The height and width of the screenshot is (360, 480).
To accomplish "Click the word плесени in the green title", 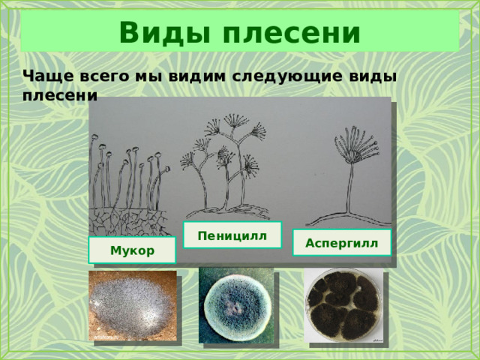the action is point(292,33).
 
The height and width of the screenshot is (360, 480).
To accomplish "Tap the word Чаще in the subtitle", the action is point(48,76).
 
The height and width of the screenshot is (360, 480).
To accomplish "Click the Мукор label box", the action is point(132,250).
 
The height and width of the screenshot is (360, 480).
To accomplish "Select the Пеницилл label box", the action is point(232,235).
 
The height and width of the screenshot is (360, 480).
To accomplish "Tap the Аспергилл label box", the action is point(342,243).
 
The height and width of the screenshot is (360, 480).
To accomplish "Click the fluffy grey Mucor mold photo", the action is point(133,305).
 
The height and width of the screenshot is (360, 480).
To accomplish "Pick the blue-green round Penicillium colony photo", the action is point(236,305).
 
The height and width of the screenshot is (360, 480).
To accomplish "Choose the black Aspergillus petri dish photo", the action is point(343,305).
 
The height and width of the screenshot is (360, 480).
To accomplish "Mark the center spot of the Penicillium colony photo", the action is point(234,307).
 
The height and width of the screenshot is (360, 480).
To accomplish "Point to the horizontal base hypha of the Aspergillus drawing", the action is point(349,218).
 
